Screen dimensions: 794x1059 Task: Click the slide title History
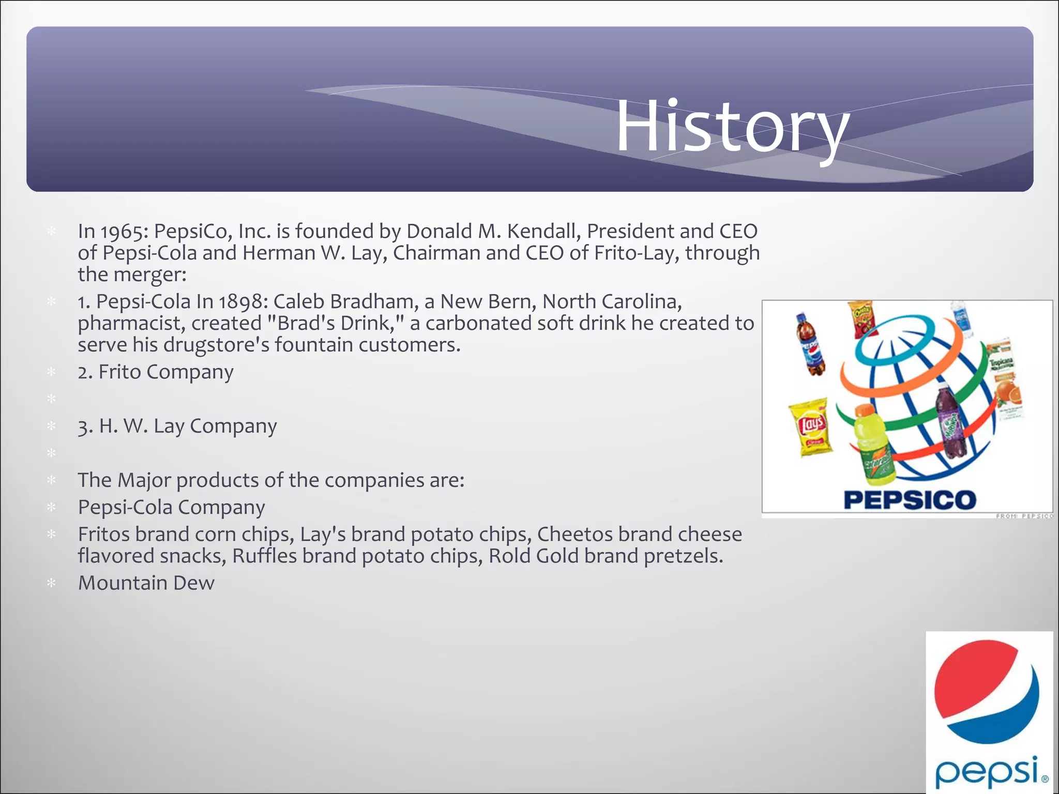[x=732, y=127]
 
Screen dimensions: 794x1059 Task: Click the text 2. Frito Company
[x=156, y=372]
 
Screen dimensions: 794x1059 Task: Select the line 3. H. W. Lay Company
[x=177, y=426]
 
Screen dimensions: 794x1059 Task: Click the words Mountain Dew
[x=146, y=583]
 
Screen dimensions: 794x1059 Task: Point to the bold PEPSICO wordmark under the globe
[x=910, y=500]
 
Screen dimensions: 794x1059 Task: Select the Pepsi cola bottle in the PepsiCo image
[x=810, y=344]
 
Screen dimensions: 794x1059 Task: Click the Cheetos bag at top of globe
[x=863, y=318]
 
